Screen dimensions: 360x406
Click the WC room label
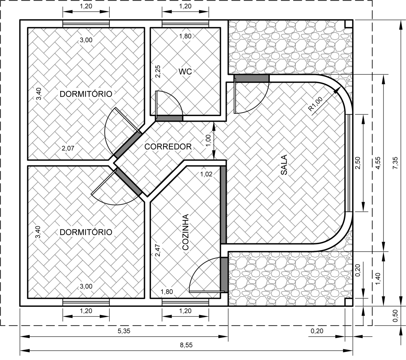click(x=185, y=72)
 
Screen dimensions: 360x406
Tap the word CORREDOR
click(x=168, y=147)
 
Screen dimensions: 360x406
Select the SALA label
click(x=284, y=165)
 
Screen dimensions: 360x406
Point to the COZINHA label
click(x=185, y=232)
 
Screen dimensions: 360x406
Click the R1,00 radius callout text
click(x=316, y=104)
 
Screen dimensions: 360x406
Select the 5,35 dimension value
click(x=124, y=331)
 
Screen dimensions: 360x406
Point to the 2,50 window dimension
click(x=358, y=163)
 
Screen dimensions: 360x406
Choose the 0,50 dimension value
click(x=395, y=316)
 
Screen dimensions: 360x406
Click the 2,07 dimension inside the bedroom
click(x=68, y=148)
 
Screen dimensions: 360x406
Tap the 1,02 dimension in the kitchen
click(x=206, y=174)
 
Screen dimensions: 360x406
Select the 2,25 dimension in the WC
click(x=157, y=71)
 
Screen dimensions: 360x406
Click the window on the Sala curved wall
click(x=348, y=163)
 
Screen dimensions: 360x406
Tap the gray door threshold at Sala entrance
click(x=251, y=78)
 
